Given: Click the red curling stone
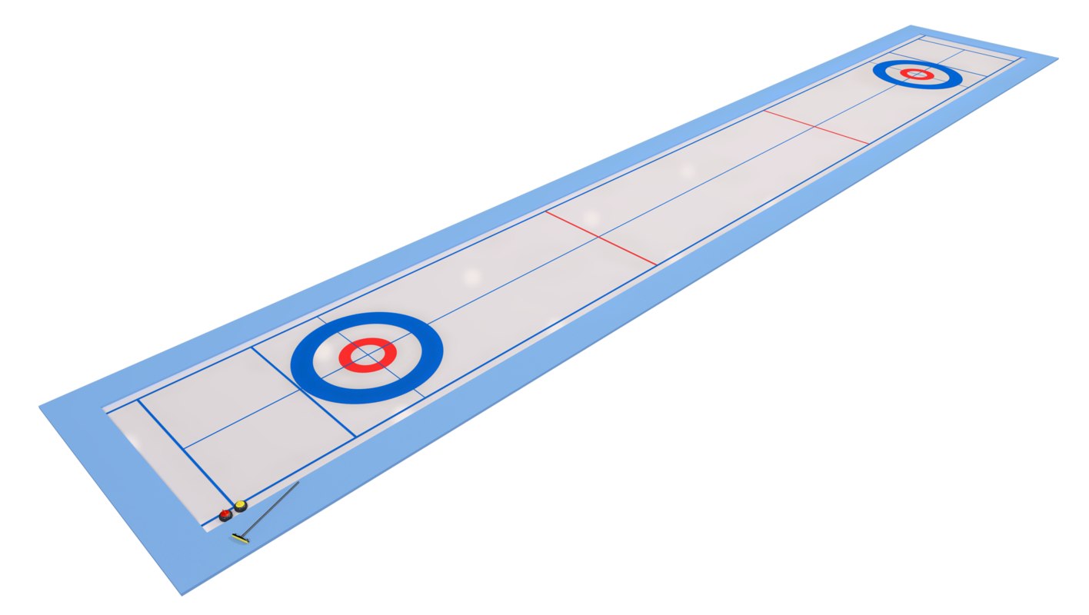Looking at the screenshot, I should click(x=225, y=515).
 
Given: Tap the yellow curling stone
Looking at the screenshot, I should click(x=241, y=506).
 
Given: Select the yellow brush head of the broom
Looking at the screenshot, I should click(x=241, y=539).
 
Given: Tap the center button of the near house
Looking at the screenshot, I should click(x=368, y=355).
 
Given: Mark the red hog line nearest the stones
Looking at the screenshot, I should click(x=600, y=238).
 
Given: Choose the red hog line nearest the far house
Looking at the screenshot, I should click(x=816, y=127).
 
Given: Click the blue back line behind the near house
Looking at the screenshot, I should click(x=304, y=392).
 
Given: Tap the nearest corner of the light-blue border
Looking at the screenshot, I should click(x=182, y=594).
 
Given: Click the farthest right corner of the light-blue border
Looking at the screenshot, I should click(x=1057, y=58).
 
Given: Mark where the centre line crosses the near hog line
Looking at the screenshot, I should click(x=600, y=238).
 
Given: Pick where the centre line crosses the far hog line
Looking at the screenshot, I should click(x=816, y=127).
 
